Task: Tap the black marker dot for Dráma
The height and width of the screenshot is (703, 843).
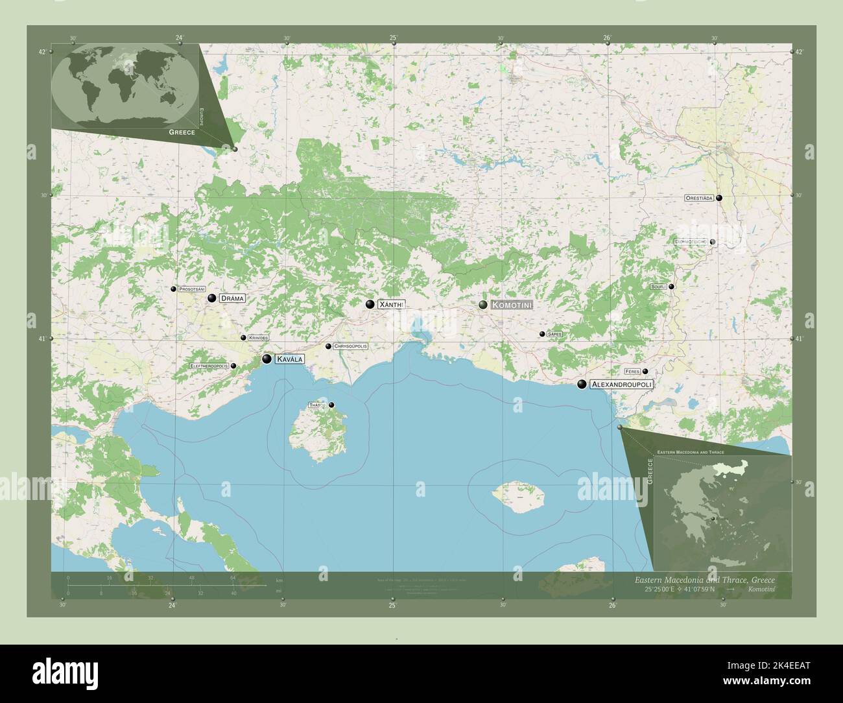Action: (x=212, y=298)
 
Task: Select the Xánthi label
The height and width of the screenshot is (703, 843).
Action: (x=391, y=304)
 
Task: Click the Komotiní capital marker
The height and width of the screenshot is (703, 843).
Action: (x=483, y=305)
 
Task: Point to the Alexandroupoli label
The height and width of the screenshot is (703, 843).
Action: (x=621, y=385)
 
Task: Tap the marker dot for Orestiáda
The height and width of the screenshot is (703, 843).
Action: (x=719, y=198)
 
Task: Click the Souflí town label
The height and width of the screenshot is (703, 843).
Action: (x=658, y=287)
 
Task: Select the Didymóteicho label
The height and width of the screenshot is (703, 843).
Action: (x=690, y=242)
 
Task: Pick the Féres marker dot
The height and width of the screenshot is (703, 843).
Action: (x=645, y=372)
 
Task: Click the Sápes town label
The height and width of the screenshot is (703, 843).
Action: (x=554, y=334)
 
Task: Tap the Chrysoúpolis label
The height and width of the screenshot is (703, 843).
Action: (x=350, y=346)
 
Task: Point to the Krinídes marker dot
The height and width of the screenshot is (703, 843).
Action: (x=243, y=338)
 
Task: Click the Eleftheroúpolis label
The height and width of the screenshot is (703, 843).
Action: (x=209, y=366)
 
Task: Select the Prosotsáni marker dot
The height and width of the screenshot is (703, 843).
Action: (x=173, y=289)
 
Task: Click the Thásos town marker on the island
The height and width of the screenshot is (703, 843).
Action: (x=331, y=405)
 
